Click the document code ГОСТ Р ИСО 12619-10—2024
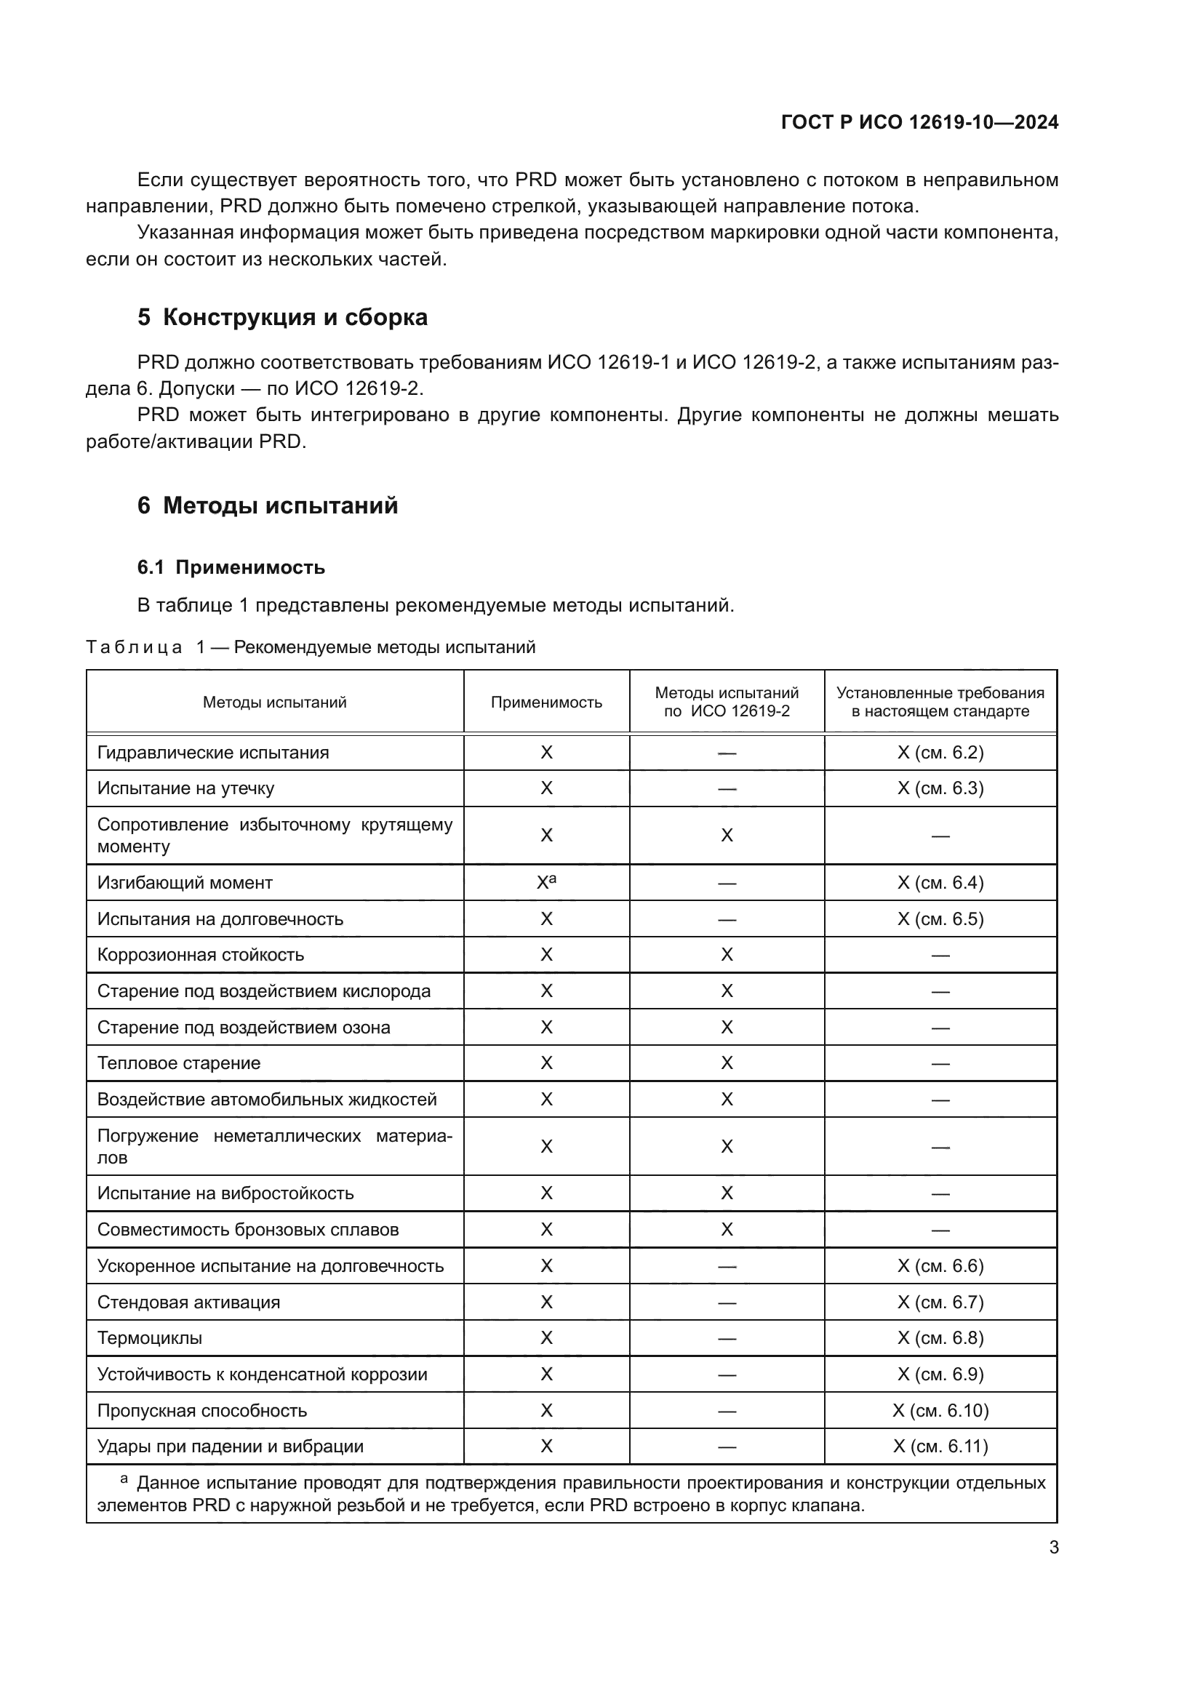click(919, 122)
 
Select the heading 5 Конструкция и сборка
click(282, 317)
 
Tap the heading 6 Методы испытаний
click(268, 505)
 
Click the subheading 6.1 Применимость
click(231, 567)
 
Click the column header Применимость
click(546, 703)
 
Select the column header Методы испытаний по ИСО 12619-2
click(726, 703)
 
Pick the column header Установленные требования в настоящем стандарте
click(940, 703)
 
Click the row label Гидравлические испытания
click(213, 753)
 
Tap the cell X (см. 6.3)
click(940, 788)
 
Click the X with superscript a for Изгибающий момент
click(546, 882)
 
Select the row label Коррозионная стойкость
click(201, 955)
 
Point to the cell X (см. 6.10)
click(940, 1411)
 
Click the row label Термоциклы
click(150, 1338)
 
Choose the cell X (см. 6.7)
click(940, 1302)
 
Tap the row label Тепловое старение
click(179, 1063)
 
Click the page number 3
click(1053, 1548)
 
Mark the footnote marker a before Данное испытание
click(124, 1479)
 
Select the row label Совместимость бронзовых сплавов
click(248, 1230)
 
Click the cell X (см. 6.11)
click(940, 1446)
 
